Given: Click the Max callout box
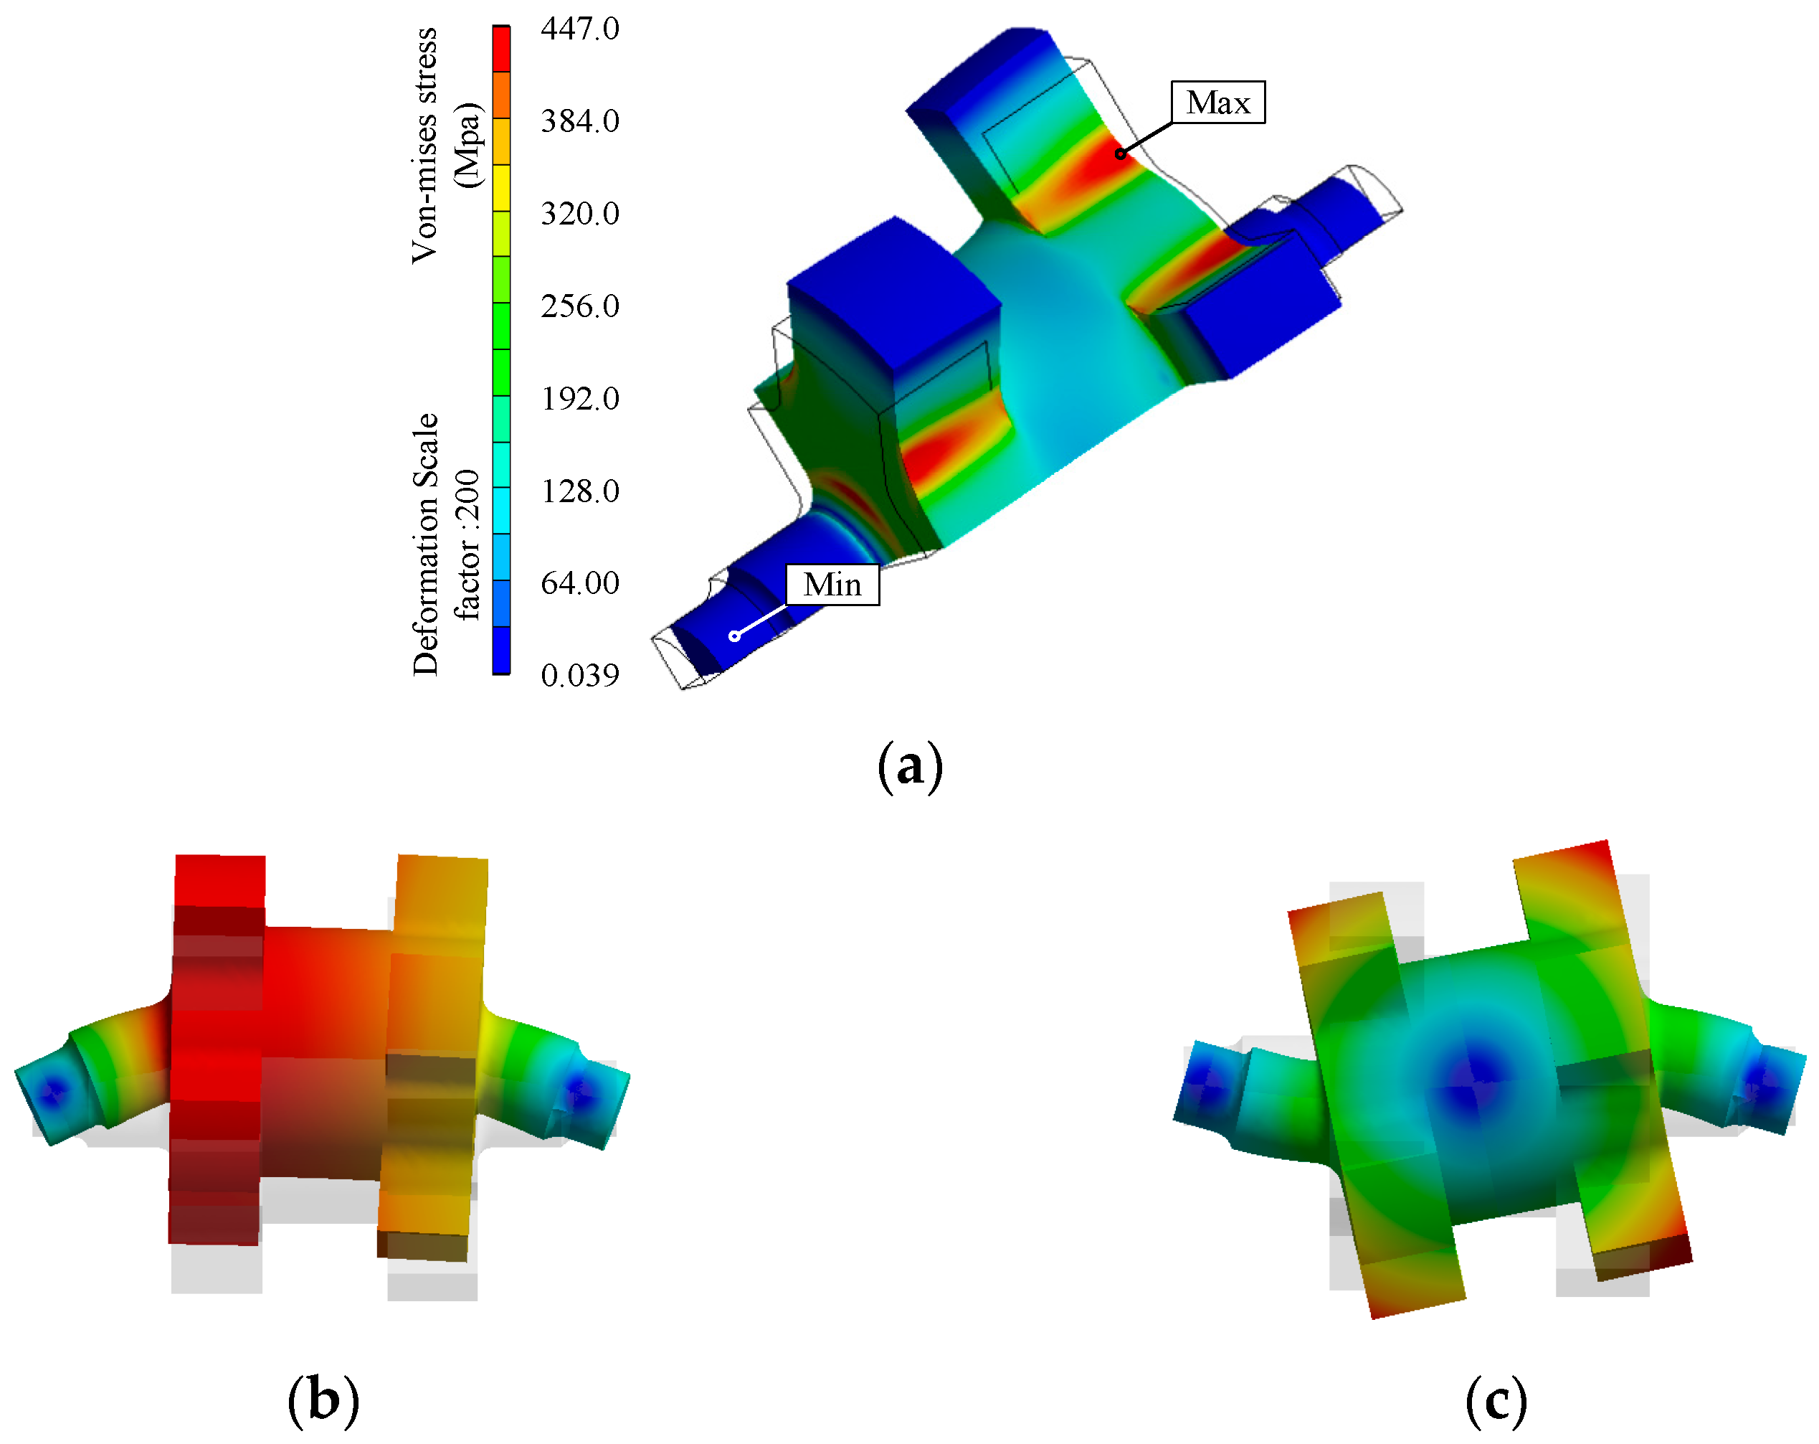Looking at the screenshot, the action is point(1217,102).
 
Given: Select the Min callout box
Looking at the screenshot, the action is point(832,584).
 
